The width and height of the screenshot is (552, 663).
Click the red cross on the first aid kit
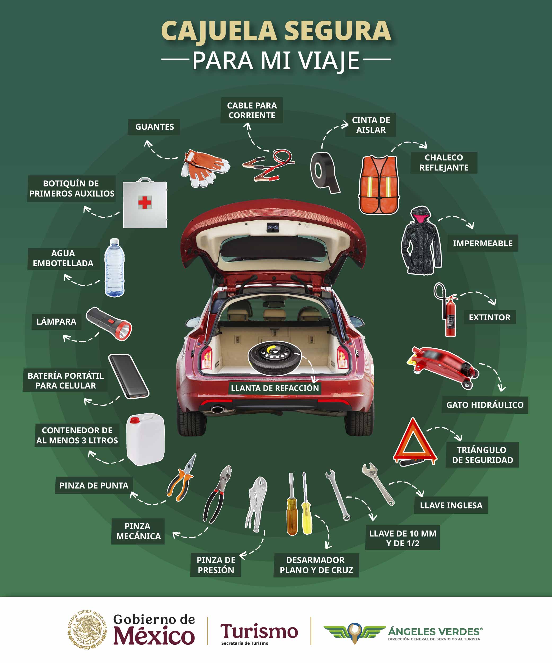point(145,202)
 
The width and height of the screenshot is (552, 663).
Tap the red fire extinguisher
point(450,317)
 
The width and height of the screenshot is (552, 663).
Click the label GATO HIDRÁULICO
point(485,405)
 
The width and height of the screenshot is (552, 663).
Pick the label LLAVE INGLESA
point(451,505)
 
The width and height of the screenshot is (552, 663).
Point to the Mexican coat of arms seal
point(87,630)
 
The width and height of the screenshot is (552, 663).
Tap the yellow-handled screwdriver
point(306,518)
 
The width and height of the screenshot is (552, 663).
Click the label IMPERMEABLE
point(483,243)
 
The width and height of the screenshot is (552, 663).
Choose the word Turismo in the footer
point(259,631)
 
